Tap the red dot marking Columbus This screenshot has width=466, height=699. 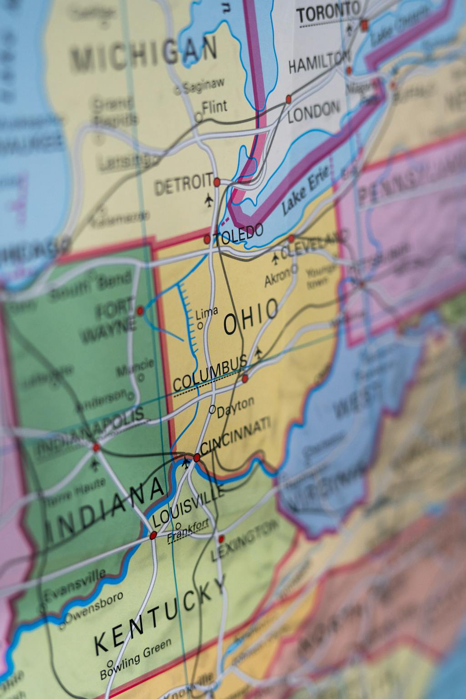(245, 378)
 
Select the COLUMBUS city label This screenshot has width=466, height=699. (210, 375)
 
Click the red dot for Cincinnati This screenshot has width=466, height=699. (197, 457)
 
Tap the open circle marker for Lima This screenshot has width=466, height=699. (200, 326)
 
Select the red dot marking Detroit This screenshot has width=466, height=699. (217, 182)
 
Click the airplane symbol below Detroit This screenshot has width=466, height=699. (209, 199)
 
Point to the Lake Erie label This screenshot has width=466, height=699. (299, 195)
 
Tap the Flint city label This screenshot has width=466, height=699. (214, 107)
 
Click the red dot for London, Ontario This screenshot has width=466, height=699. (289, 99)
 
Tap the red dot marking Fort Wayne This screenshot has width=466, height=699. (140, 311)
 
